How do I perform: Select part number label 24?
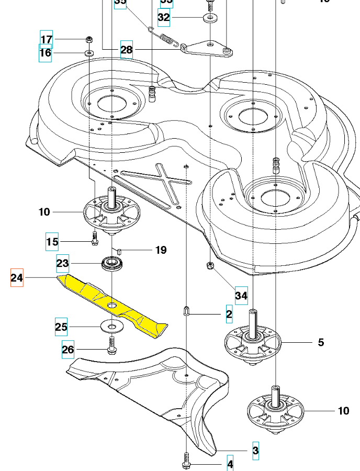[17, 277]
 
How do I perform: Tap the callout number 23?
[63, 263]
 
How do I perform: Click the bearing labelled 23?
[112, 263]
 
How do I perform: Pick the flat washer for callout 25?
[110, 327]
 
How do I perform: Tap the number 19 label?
[161, 250]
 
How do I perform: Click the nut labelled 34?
[210, 267]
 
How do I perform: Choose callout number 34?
[241, 296]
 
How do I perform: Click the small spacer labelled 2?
[187, 312]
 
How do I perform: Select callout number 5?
[321, 342]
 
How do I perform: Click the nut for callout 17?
[89, 39]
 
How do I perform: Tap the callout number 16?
[46, 53]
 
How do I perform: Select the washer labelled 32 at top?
[210, 18]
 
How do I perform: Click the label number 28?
[127, 50]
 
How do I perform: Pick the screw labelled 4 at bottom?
[187, 463]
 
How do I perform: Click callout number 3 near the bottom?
[255, 450]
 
